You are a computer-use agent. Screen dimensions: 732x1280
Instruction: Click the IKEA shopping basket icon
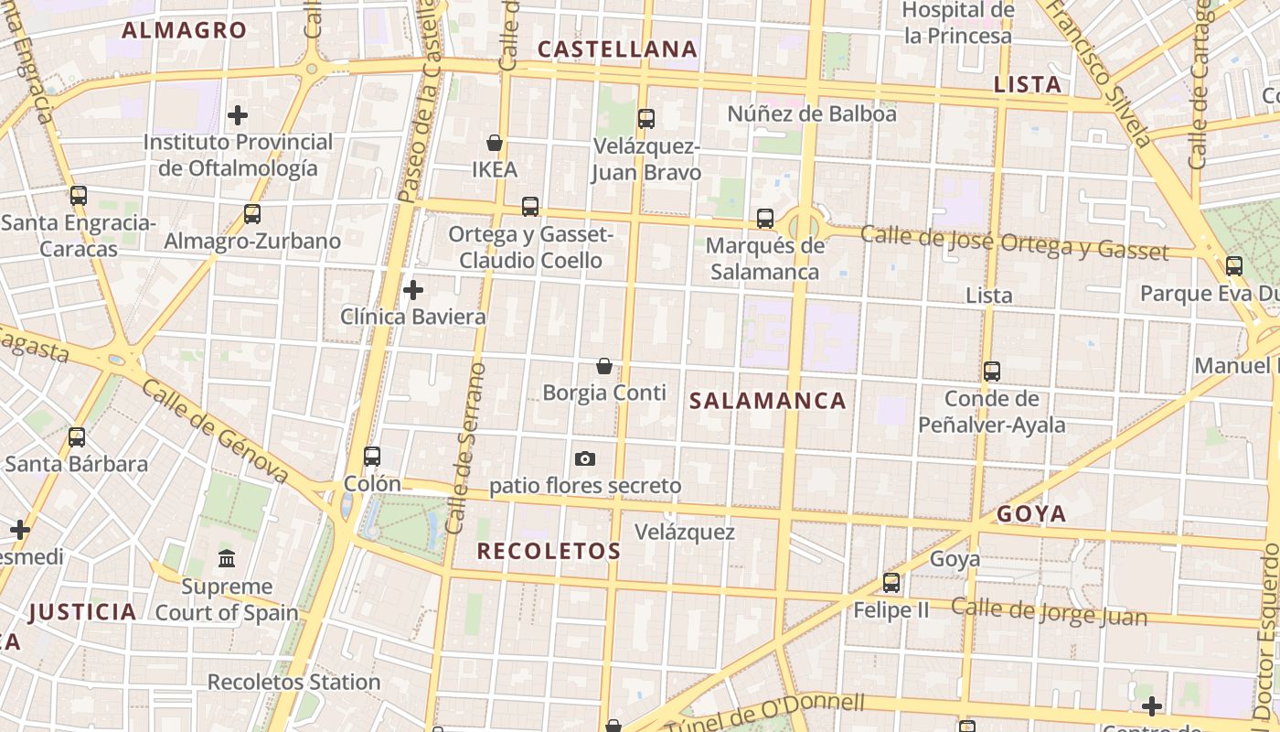point(495,143)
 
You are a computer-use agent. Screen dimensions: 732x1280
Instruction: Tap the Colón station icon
point(372,456)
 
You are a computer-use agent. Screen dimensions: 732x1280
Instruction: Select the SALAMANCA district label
point(767,401)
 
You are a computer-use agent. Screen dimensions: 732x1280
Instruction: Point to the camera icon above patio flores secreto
point(585,458)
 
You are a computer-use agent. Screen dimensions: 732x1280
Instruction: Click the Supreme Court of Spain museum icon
point(227,558)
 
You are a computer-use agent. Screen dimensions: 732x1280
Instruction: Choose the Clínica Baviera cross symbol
point(413,290)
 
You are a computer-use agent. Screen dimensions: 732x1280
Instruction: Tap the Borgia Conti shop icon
point(604,366)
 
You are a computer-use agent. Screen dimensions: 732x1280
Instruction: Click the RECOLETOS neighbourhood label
point(549,551)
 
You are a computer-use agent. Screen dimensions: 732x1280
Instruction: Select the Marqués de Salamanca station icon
point(765,219)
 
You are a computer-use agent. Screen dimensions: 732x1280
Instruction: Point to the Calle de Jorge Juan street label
point(1049,611)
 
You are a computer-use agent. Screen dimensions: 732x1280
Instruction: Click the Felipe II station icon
point(891,582)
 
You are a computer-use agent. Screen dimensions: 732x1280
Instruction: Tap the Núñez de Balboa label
point(812,114)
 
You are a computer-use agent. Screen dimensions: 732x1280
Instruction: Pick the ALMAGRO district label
point(184,30)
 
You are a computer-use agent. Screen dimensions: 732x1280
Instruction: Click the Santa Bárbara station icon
point(77,436)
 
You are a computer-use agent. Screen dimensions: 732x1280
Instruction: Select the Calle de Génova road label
point(215,430)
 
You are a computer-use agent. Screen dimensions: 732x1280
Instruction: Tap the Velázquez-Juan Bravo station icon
point(646,118)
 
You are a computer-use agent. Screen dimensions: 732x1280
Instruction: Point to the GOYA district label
point(1031,513)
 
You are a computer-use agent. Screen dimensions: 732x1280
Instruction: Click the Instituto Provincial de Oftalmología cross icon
point(238,115)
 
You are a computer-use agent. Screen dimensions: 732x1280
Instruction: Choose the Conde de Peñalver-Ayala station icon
point(992,371)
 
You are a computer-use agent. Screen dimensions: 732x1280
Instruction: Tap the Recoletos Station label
point(293,682)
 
